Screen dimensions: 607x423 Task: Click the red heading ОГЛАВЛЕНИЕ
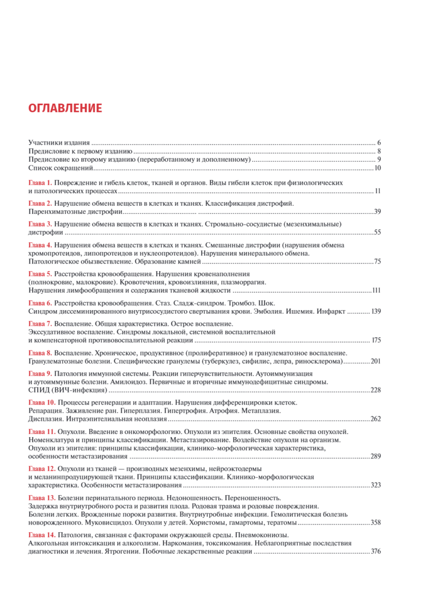tap(65, 108)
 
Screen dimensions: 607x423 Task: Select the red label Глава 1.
tap(40, 182)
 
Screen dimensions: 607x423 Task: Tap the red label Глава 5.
tap(40, 274)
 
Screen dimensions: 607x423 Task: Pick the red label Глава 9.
tap(40, 373)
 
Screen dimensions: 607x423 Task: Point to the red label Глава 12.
tap(42, 468)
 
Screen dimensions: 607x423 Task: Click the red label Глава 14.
tap(42, 535)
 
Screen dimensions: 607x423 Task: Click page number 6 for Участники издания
tap(379, 143)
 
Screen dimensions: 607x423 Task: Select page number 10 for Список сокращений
tap(377, 168)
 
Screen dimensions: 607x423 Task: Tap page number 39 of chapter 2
tap(377, 211)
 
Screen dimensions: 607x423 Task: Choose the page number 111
tap(375, 291)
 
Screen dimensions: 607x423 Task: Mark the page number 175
tap(375, 340)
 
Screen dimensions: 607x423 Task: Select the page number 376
tap(375, 552)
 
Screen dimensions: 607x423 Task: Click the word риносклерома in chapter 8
tap(321, 361)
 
